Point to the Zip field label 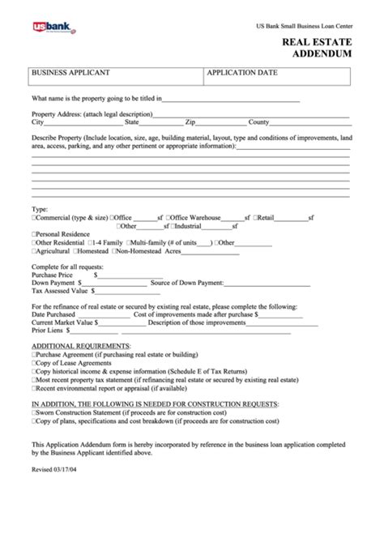pyautogui.click(x=190, y=122)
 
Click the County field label pyautogui.click(x=258, y=122)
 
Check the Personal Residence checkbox pyautogui.click(x=34, y=233)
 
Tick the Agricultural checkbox pyautogui.click(x=34, y=251)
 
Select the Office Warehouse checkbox pyautogui.click(x=168, y=217)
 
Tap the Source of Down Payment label pyautogui.click(x=187, y=283)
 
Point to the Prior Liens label pyautogui.click(x=48, y=331)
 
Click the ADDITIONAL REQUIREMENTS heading pyautogui.click(x=76, y=347)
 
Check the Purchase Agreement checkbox pyautogui.click(x=34, y=356)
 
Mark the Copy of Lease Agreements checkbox pyautogui.click(x=34, y=364)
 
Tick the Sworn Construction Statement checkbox pyautogui.click(x=34, y=412)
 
